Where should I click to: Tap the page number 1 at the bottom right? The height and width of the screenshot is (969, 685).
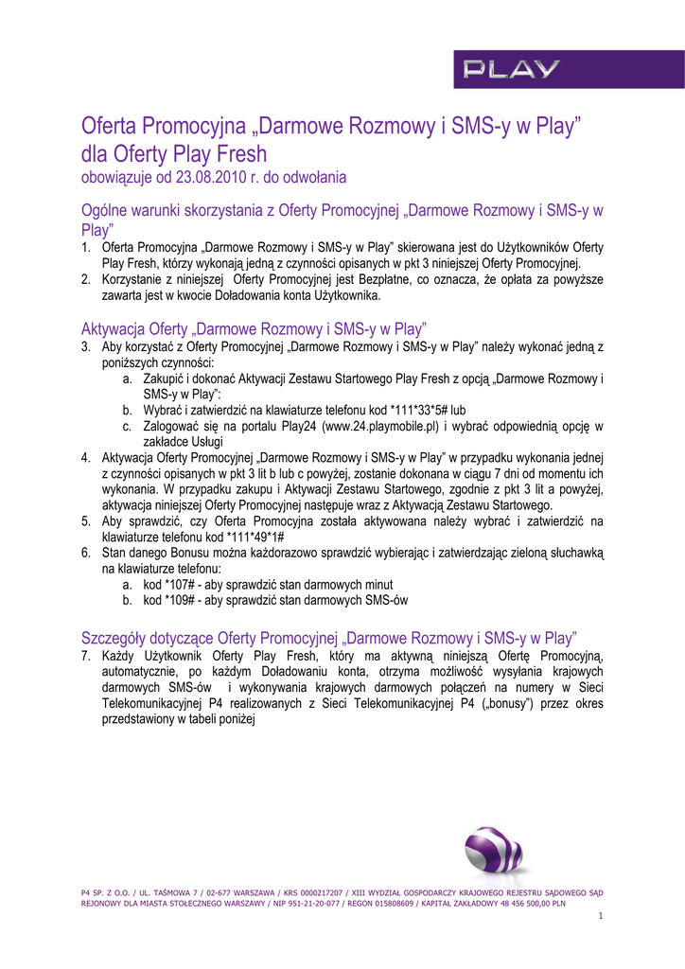(601, 917)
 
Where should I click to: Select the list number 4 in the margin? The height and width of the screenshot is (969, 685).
(85, 457)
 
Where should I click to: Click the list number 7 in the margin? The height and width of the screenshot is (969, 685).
(85, 655)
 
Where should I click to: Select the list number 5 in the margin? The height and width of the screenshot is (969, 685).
(85, 521)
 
